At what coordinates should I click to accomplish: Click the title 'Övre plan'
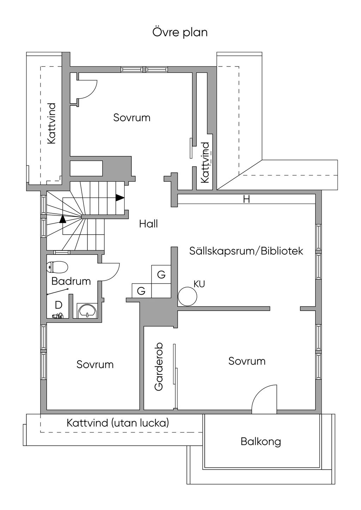[x=180, y=32]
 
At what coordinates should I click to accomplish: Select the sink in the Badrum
[x=87, y=311]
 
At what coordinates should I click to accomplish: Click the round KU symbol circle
[x=187, y=296]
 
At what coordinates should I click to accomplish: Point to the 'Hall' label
[x=148, y=224]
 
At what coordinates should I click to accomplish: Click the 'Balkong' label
[x=261, y=441]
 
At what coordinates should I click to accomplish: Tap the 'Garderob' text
[x=159, y=367]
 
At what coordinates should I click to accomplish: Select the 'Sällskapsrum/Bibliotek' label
[x=246, y=251]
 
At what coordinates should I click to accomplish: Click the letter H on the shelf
[x=246, y=199]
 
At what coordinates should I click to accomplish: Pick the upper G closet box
[x=161, y=274]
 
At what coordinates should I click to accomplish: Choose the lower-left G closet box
[x=141, y=291]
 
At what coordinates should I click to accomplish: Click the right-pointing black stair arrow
[x=120, y=198]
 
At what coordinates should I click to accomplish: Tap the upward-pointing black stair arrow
[x=63, y=219]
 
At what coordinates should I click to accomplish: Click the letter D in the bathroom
[x=59, y=305]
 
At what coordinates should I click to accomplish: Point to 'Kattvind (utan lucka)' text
[x=118, y=423]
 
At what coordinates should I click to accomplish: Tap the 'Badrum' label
[x=71, y=281]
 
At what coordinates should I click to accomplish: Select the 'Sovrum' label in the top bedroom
[x=132, y=118]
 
